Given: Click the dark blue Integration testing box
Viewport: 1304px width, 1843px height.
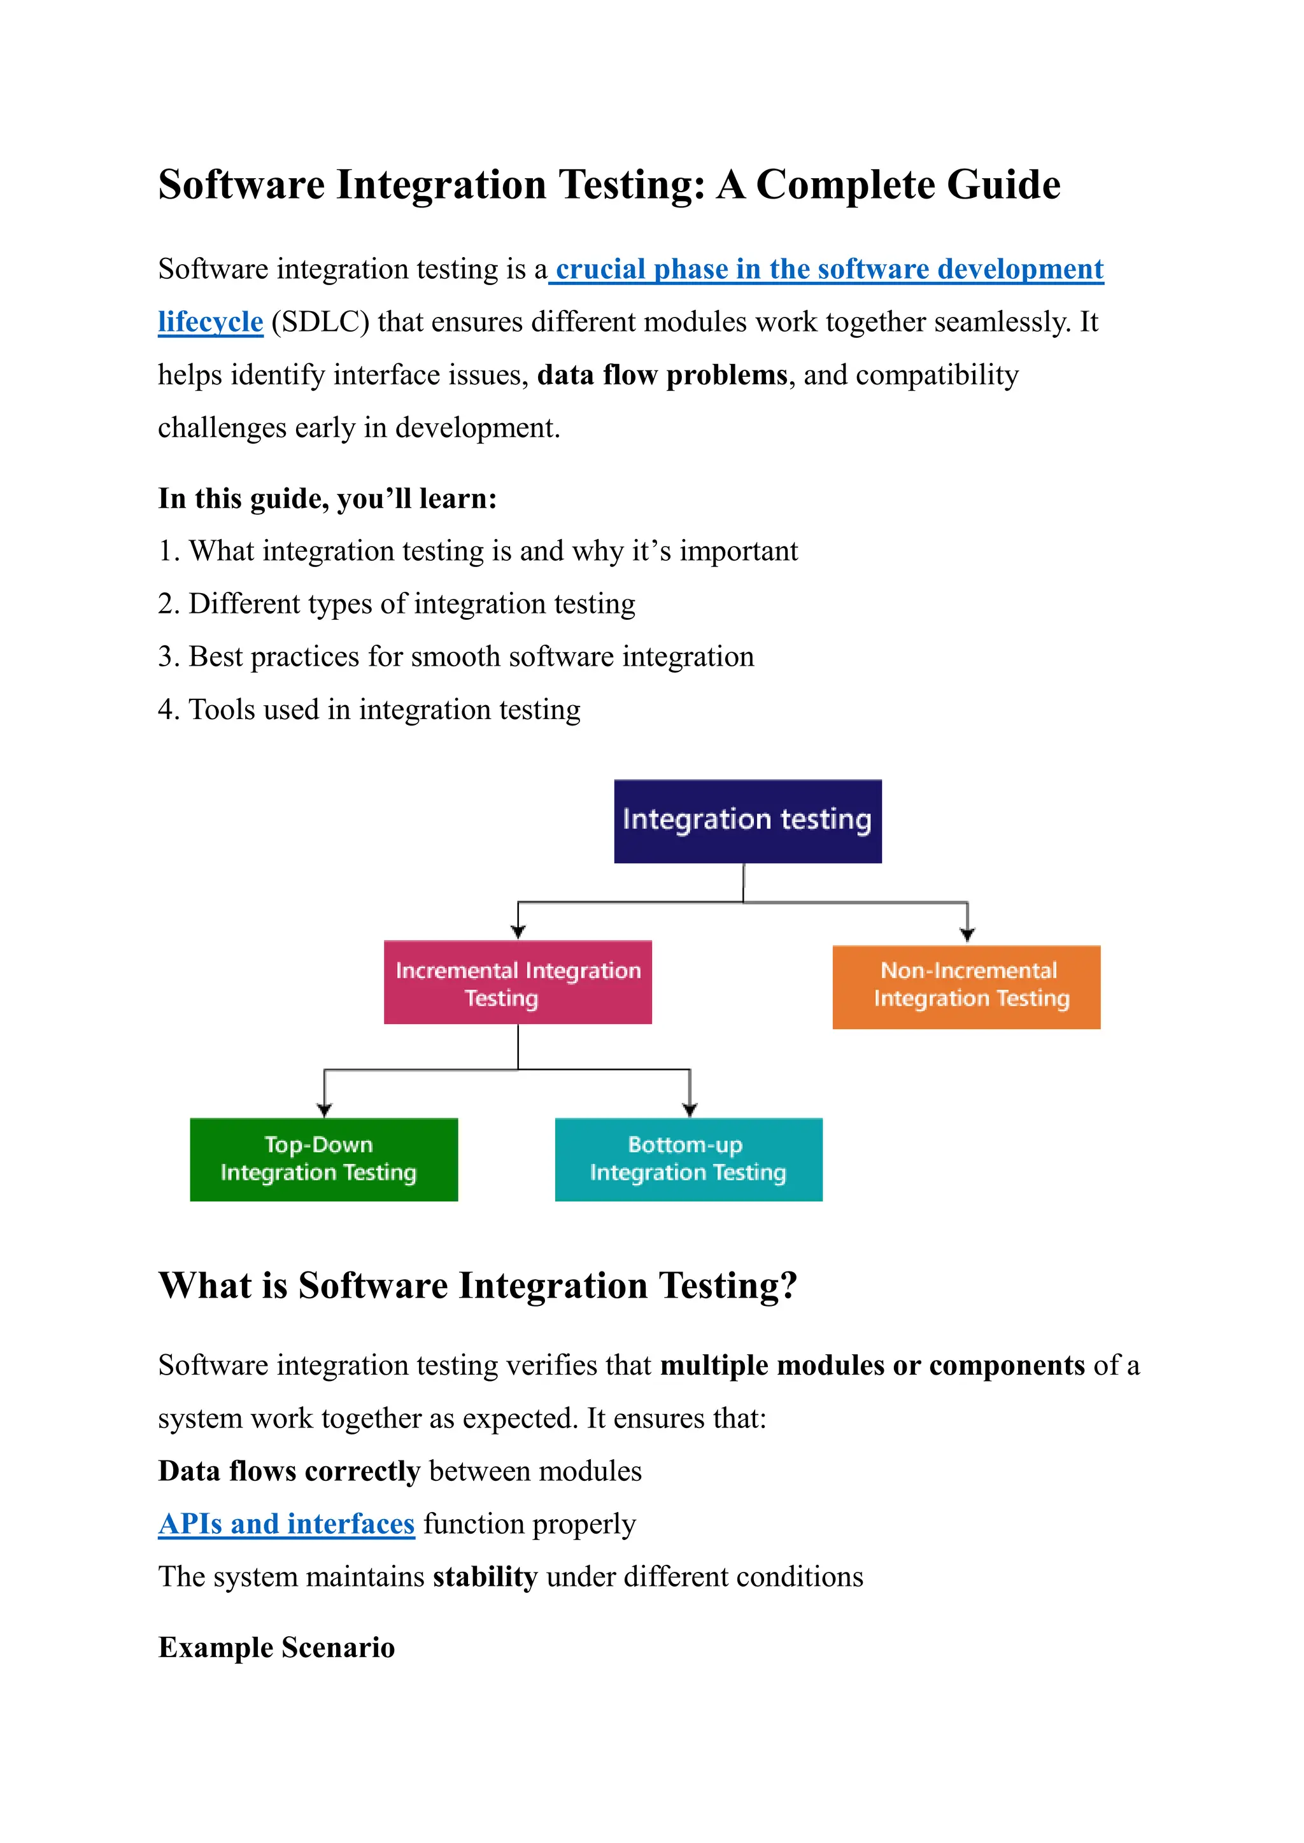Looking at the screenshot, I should click(748, 820).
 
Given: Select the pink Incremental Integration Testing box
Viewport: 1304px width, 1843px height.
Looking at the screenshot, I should click(517, 982).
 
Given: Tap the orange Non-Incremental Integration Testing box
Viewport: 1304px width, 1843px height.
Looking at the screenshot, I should click(966, 986).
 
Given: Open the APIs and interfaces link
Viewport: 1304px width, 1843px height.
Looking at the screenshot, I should click(287, 1524).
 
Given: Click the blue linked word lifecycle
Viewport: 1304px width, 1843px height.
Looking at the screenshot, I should click(210, 322).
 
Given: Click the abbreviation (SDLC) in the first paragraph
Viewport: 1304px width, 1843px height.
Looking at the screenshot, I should click(320, 322).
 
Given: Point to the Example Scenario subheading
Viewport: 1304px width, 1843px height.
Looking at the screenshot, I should click(276, 1647).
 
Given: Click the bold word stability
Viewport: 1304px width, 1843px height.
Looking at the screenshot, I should click(485, 1576).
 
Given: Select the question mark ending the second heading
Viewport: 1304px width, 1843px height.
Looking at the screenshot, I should click(788, 1286).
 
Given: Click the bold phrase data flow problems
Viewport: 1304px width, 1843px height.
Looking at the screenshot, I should click(662, 375).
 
